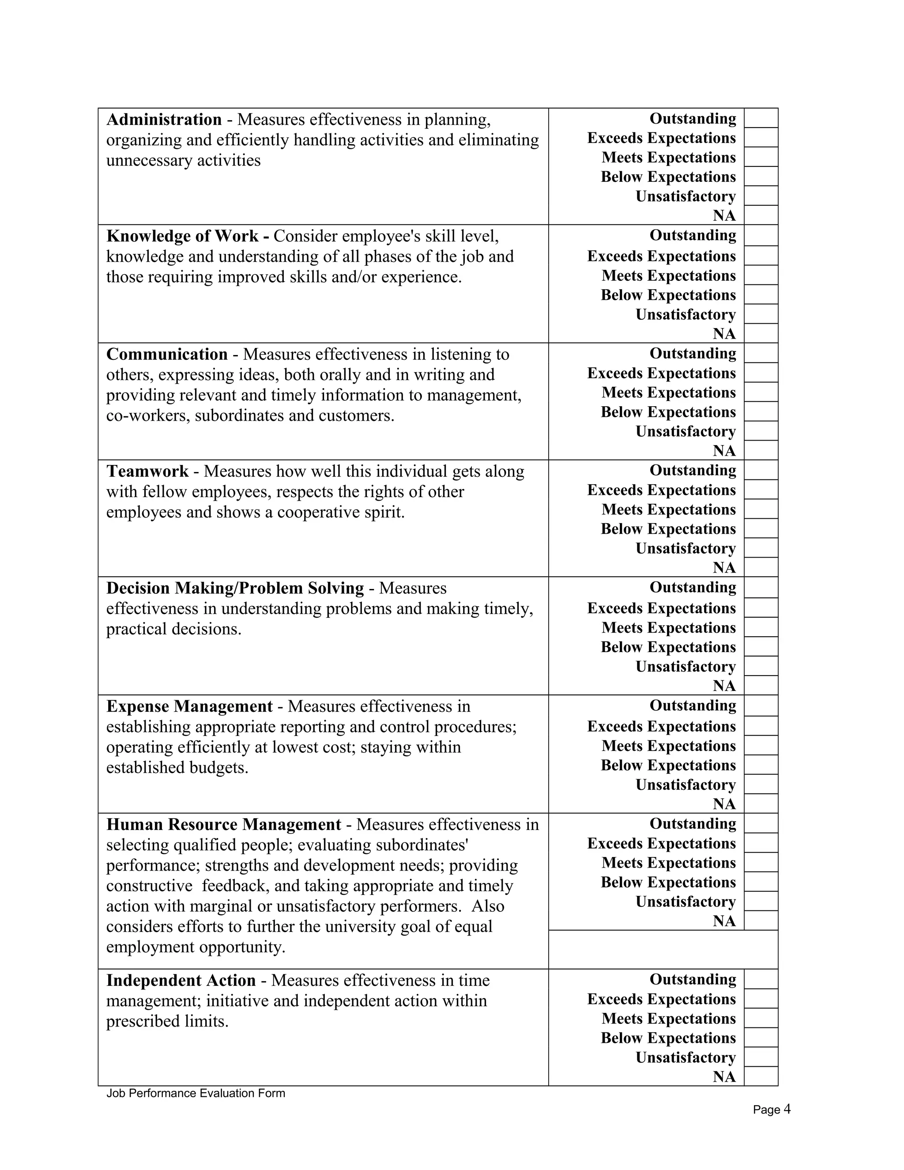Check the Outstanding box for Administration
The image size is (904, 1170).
761,118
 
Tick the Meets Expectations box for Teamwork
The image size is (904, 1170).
761,509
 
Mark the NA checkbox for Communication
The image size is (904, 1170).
761,450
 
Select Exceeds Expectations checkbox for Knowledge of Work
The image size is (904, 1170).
761,256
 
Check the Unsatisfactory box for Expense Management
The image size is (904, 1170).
761,784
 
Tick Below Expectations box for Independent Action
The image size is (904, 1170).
761,1038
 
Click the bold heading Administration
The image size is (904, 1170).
164,120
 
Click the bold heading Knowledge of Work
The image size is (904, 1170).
182,236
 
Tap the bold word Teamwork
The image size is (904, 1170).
147,472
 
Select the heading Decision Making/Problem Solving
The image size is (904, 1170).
235,588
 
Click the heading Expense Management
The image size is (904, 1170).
189,706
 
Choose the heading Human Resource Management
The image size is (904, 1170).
224,824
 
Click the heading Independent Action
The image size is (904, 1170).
181,980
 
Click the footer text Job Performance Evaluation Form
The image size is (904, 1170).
196,1093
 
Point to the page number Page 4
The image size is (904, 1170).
771,1110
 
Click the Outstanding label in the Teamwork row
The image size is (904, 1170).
693,470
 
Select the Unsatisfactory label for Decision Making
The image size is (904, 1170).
686,666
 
